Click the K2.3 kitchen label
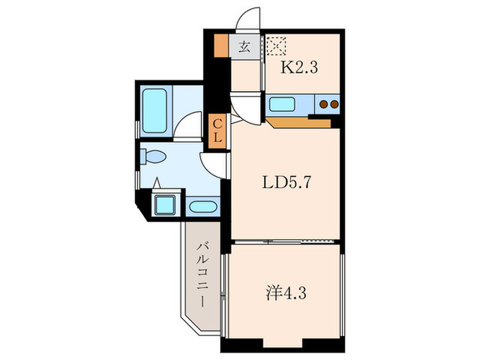[x=300, y=68]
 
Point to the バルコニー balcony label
[x=203, y=274]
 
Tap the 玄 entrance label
[x=245, y=47]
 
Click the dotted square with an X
[x=277, y=46]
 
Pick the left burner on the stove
[x=324, y=104]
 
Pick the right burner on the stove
[x=335, y=104]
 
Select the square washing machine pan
[x=165, y=204]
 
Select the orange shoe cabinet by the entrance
[x=220, y=45]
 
